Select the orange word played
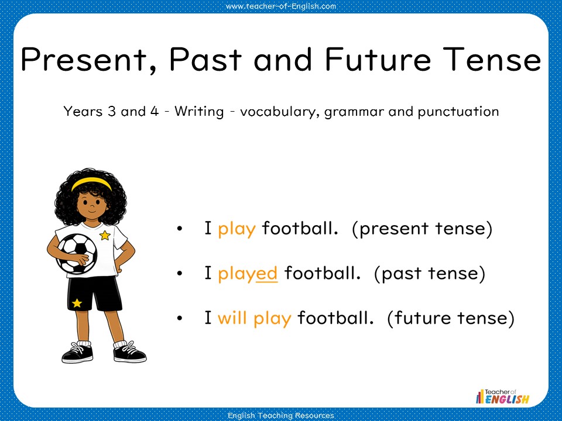coord(248,273)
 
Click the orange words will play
coord(254,318)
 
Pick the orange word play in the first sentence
coord(237,229)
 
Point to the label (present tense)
coord(422,229)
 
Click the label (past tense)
coord(429,273)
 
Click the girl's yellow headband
coord(91,182)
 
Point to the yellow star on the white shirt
coord(105,236)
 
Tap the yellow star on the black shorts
coord(77,303)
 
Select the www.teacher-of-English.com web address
coord(281,6)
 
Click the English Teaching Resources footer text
coord(281,415)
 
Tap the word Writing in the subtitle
coord(199,111)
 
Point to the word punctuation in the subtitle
coord(458,112)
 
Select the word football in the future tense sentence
coord(335,318)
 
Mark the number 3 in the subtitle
coord(112,111)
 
